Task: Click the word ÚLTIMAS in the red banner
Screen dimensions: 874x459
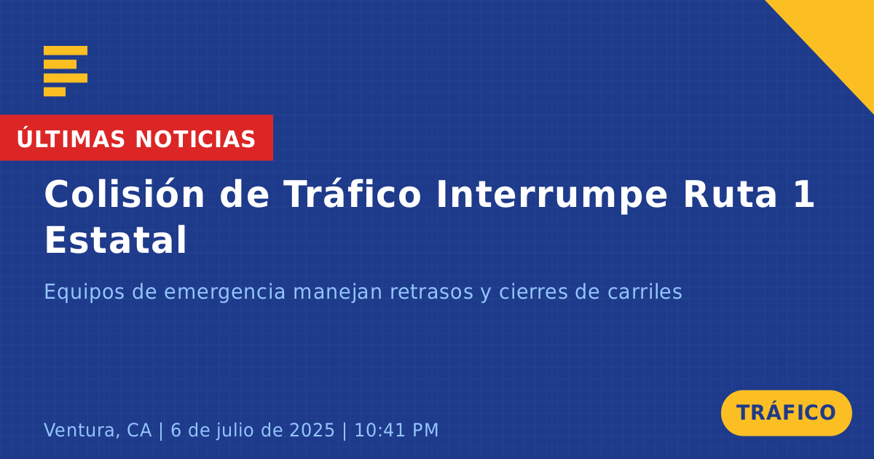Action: [71, 139]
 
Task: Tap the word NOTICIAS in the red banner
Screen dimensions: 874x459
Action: [195, 139]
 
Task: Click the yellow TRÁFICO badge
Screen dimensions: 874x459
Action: [786, 413]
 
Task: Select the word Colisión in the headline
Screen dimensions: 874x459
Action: [125, 194]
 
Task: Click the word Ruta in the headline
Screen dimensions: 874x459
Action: [730, 195]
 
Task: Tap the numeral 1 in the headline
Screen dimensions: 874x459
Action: [804, 195]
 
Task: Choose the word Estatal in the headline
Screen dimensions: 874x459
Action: [116, 240]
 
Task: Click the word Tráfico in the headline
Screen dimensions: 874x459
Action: [353, 194]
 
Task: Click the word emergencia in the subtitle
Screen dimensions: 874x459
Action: [225, 293]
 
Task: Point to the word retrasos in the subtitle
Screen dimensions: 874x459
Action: [431, 292]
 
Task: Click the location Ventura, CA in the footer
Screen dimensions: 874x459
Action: [98, 430]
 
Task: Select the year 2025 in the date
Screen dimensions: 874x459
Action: [312, 430]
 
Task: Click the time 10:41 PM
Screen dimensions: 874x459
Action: [396, 430]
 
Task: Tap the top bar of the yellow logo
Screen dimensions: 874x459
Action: [66, 50]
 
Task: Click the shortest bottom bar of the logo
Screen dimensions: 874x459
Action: [55, 92]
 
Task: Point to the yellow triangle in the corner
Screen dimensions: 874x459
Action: [839, 35]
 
